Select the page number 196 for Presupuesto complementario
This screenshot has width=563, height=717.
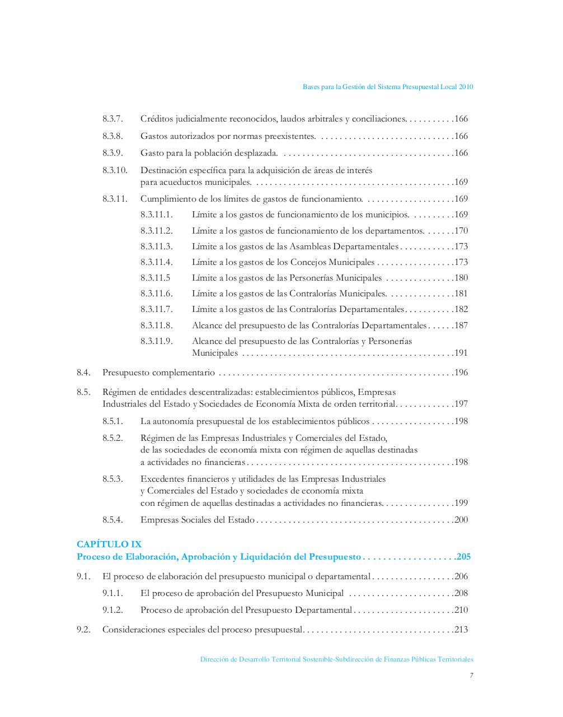[x=461, y=373]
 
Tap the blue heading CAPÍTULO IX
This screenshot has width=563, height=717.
[x=109, y=544]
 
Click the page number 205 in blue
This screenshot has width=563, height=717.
[x=463, y=557]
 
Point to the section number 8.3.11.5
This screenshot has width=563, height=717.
[x=156, y=278]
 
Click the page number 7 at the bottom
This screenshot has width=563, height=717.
[x=471, y=676]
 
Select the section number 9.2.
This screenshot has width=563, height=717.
[x=83, y=630]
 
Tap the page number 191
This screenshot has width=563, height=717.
[x=461, y=353]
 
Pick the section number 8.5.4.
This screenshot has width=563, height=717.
[x=112, y=520]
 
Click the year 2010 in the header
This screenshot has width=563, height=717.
[x=466, y=87]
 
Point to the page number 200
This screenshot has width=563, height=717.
[x=461, y=520]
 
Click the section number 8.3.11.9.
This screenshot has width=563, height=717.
[x=157, y=341]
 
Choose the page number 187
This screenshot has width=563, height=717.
[x=461, y=325]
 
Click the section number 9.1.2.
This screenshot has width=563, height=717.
[x=112, y=610]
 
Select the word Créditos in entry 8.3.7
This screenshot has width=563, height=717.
[x=156, y=119]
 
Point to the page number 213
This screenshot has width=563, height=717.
[x=461, y=630]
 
